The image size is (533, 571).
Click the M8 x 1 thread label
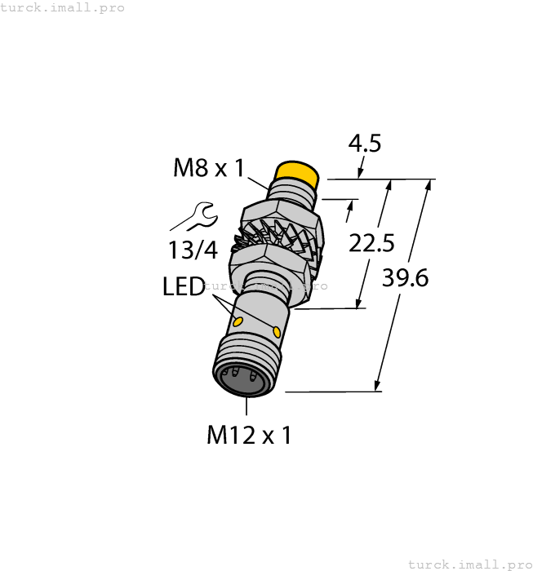[209, 168]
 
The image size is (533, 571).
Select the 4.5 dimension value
[364, 144]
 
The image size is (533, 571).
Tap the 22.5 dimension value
[371, 242]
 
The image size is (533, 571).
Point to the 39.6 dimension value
[406, 278]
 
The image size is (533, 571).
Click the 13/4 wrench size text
[193, 250]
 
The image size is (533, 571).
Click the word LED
[184, 287]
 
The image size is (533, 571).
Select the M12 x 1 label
[248, 435]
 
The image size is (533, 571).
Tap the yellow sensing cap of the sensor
[296, 173]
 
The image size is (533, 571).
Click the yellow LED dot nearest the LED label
[238, 323]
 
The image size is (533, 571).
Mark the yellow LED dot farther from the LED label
[278, 331]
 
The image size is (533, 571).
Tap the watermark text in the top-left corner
[62, 7]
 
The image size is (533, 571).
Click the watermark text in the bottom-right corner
[469, 564]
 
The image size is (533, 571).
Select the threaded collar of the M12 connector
[249, 359]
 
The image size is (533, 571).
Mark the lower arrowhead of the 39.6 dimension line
[377, 386]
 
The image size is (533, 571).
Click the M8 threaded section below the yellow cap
[291, 193]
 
